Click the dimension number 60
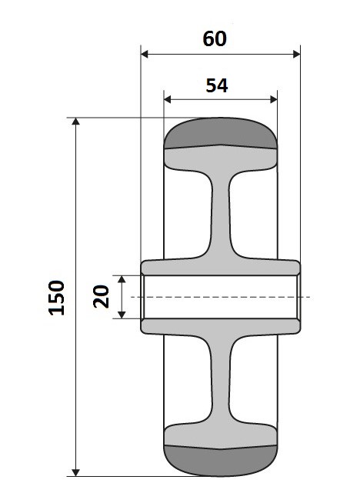coord(215,38)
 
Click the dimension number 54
coord(217,85)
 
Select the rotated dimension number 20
coord(101,296)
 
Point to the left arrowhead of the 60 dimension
coord(145,54)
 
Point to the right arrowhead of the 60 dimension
coord(296,54)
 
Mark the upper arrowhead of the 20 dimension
coord(122,279)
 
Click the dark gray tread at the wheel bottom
coord(221,459)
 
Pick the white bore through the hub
coord(221,297)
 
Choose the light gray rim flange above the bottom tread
coord(221,434)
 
